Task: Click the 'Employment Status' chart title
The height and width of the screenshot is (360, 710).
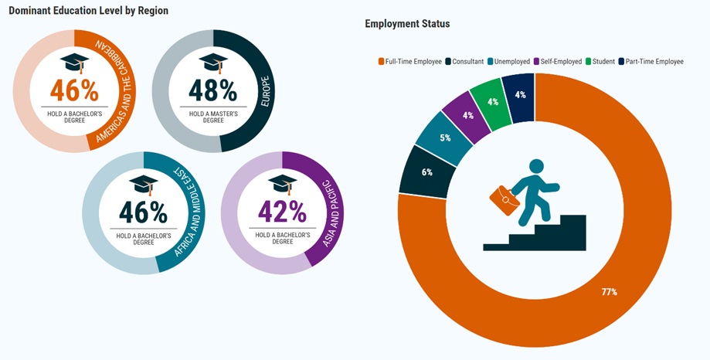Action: click(407, 24)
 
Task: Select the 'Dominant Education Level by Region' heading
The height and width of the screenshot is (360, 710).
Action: click(89, 11)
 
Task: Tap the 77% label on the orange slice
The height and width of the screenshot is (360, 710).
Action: click(610, 291)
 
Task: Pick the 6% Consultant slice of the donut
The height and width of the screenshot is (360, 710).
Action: click(426, 172)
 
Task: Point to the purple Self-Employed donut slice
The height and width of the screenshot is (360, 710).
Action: click(467, 116)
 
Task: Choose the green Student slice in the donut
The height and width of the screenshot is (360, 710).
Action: click(494, 101)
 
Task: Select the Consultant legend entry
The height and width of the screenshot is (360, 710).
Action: click(464, 61)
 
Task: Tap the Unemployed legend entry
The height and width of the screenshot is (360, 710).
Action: click(511, 61)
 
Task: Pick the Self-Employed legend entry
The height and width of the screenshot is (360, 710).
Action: click(558, 61)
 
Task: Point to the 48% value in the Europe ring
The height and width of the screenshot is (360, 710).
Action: click(212, 90)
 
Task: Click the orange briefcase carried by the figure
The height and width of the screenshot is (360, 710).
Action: click(504, 199)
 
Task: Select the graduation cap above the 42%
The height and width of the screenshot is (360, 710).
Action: click(282, 184)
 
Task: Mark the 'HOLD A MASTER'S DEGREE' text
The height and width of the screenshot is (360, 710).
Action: click(212, 117)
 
